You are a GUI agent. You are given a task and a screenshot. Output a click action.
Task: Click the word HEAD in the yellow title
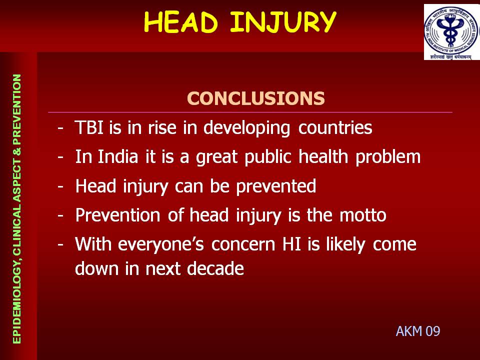point(180,22)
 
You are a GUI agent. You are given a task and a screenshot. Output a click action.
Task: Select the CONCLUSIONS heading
point(255,98)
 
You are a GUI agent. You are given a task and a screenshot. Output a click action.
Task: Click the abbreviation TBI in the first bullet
point(89,127)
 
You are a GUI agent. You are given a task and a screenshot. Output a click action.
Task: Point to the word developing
point(246,128)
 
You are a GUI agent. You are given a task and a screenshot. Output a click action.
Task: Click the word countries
point(335,127)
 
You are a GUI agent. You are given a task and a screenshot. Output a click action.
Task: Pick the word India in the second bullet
point(118,156)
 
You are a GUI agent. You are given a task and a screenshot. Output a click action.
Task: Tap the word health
point(323,156)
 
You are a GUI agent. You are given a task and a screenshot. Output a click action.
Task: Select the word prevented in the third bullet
point(276,186)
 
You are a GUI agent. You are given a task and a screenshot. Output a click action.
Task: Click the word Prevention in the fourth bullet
point(118,215)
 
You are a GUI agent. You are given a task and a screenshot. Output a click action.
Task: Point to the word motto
point(363,215)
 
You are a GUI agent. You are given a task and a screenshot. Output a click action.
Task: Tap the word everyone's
point(161,245)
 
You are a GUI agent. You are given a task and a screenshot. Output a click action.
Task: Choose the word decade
point(215,268)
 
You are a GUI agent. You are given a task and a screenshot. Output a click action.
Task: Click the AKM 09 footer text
point(418,331)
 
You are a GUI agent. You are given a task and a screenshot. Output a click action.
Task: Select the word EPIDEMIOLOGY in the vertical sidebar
point(17,300)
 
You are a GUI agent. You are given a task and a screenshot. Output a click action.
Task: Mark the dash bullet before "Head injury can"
point(60,186)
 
